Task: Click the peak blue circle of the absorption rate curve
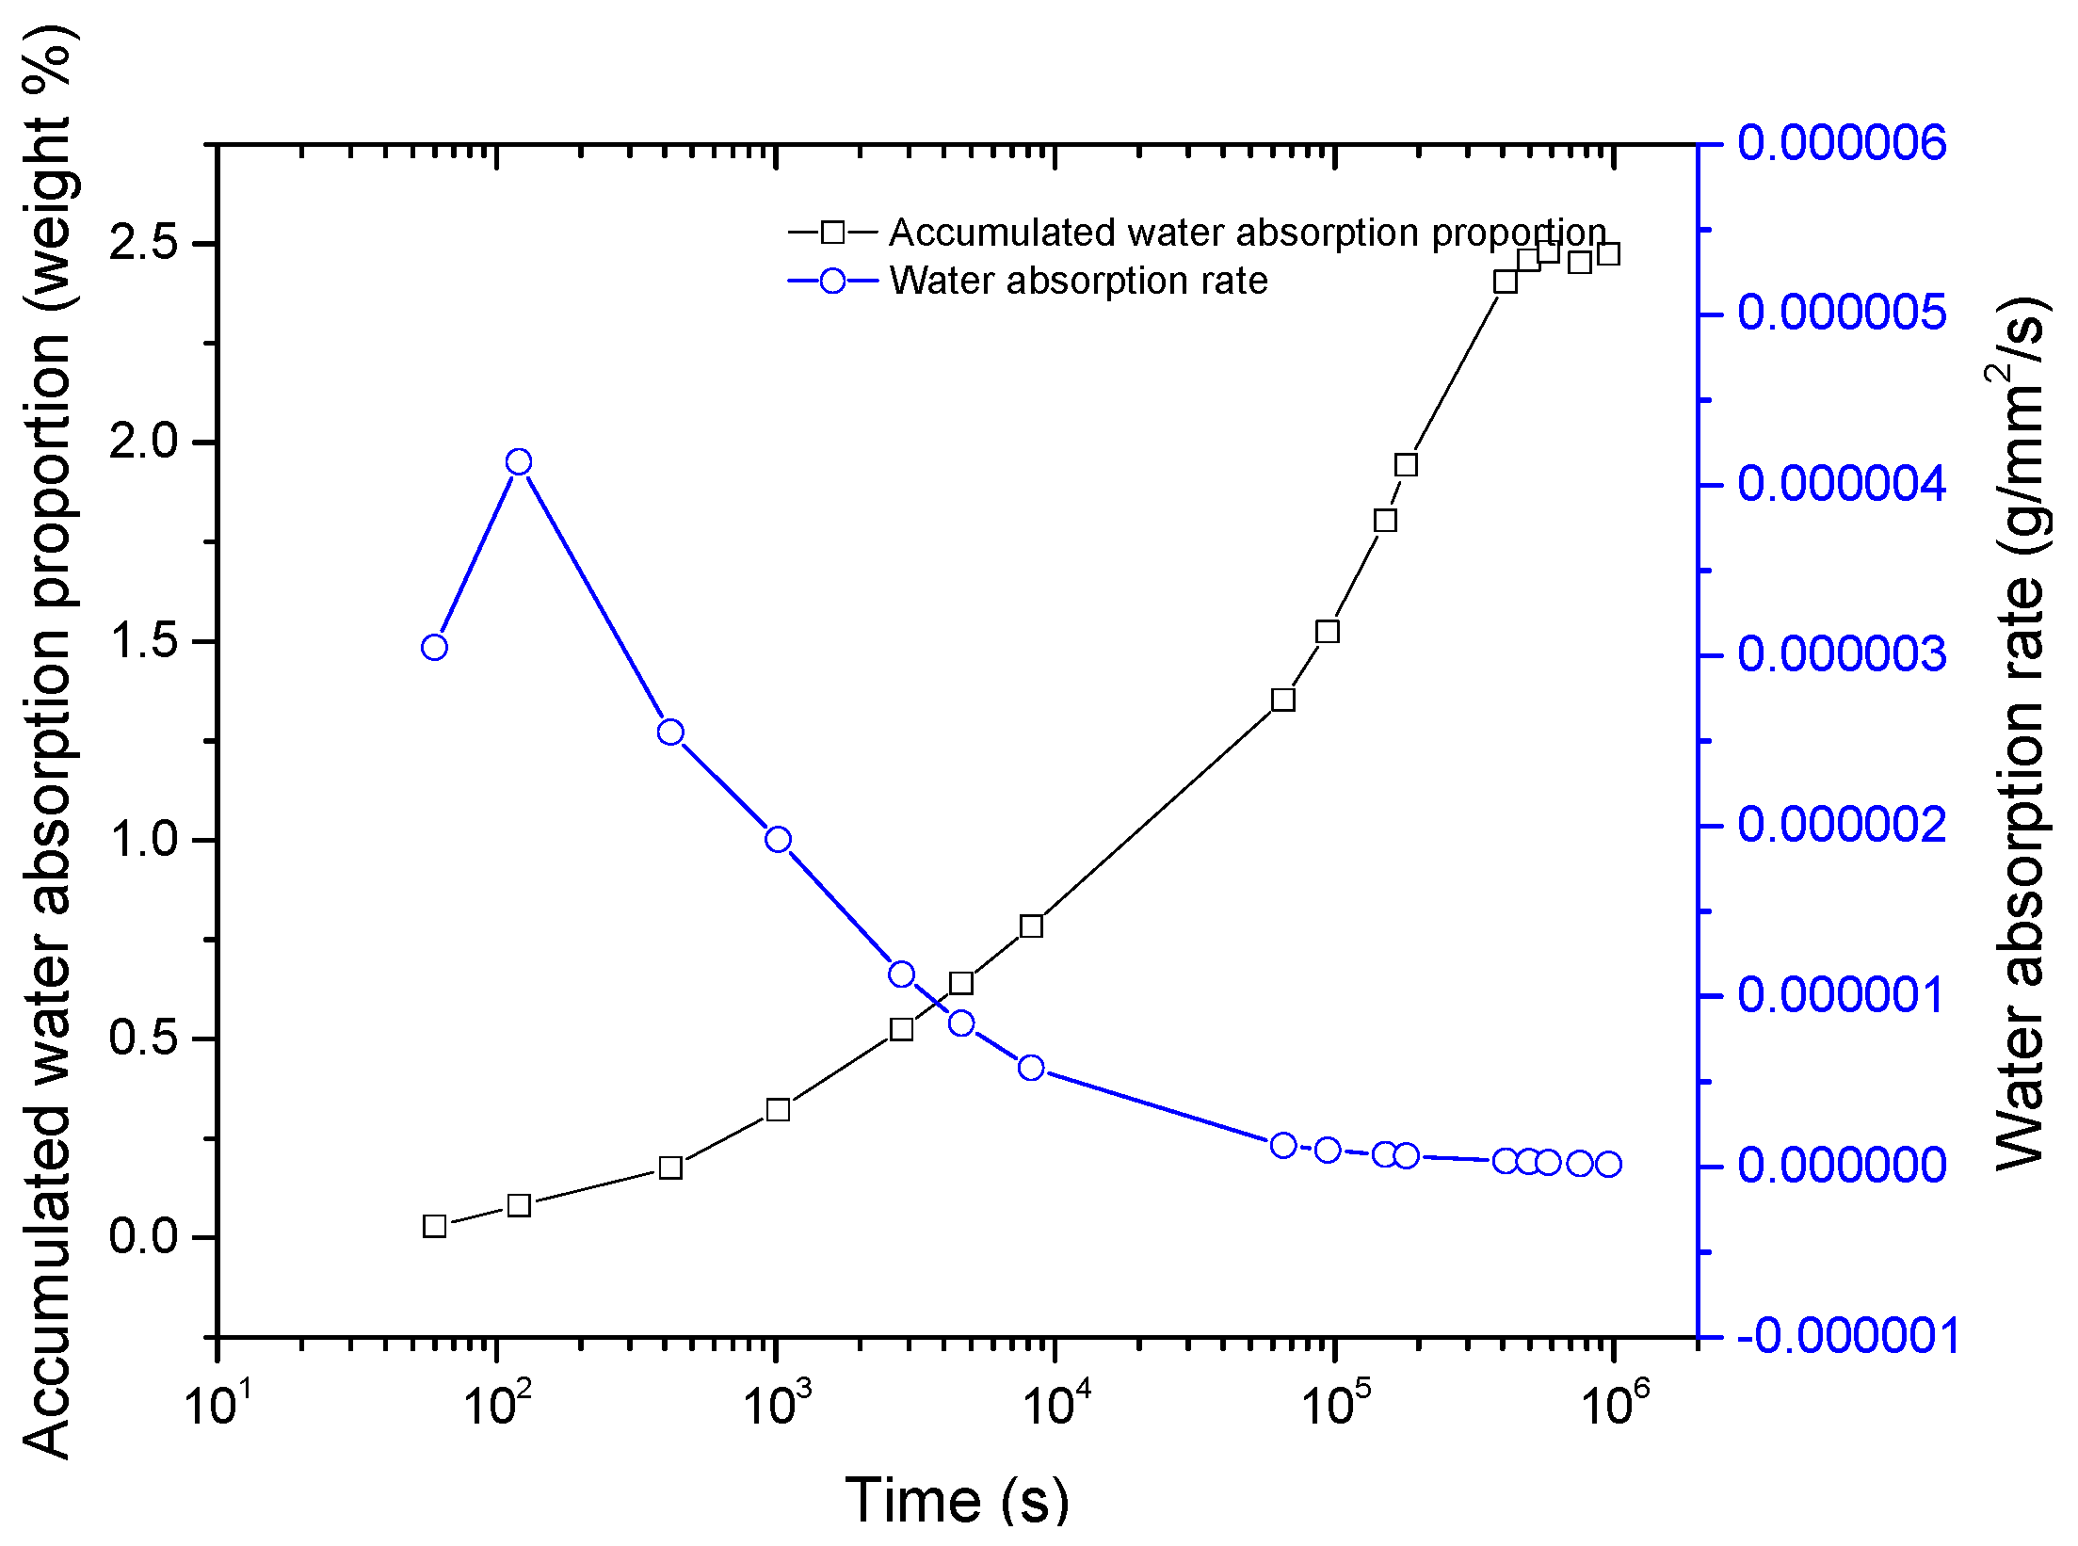[519, 461]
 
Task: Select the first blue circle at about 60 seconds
[434, 647]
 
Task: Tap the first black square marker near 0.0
[434, 1226]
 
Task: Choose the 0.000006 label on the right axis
[1841, 144]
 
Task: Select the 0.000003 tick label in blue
[1841, 655]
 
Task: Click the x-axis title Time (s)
[957, 1499]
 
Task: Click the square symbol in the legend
[832, 232]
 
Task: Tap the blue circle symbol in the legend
[832, 281]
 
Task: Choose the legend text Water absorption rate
[1078, 281]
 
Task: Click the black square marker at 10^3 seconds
[778, 1110]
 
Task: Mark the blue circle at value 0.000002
[778, 839]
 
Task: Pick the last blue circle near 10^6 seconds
[1608, 1164]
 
